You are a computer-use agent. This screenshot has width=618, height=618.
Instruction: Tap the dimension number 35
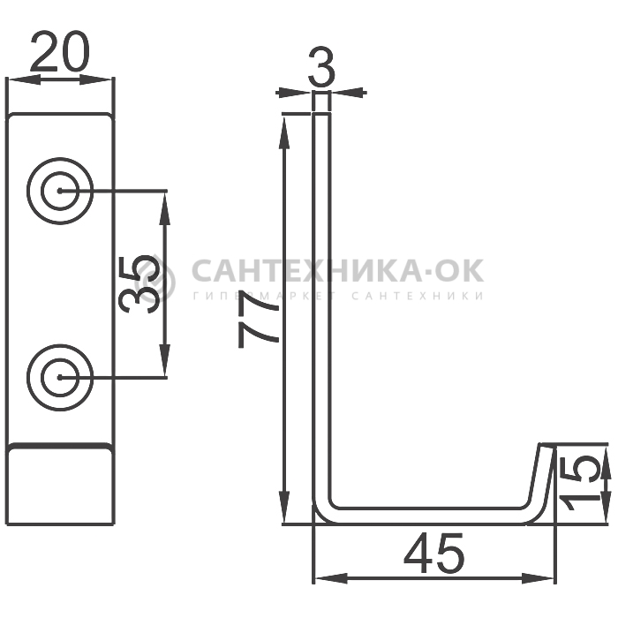point(140,284)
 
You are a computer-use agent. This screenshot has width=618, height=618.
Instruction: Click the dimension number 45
point(434,553)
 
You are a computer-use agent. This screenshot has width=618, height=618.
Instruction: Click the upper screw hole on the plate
point(60,192)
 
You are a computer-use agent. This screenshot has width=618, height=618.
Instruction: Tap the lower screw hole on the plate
point(60,377)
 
